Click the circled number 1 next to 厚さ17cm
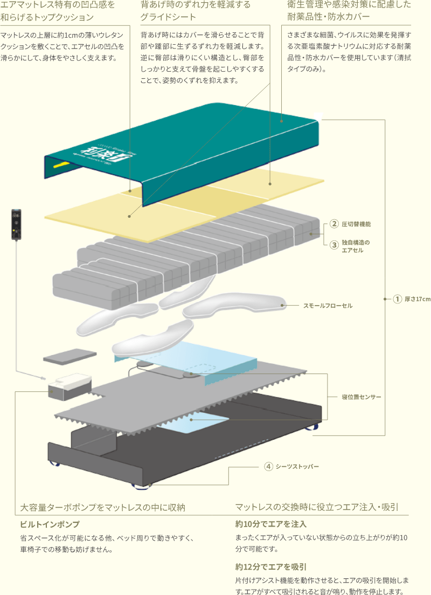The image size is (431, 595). tap(398, 299)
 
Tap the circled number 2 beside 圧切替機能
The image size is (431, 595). tap(334, 223)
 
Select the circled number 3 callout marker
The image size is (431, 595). tap(334, 245)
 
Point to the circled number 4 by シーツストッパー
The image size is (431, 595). tap(268, 466)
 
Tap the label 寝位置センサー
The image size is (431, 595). tap(362, 397)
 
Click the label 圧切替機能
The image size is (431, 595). tap(357, 223)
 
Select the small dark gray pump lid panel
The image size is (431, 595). tap(69, 357)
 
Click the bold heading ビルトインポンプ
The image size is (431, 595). tap(50, 524)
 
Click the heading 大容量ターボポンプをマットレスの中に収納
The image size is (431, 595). tap(102, 507)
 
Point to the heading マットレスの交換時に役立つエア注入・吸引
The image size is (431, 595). tap(317, 507)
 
